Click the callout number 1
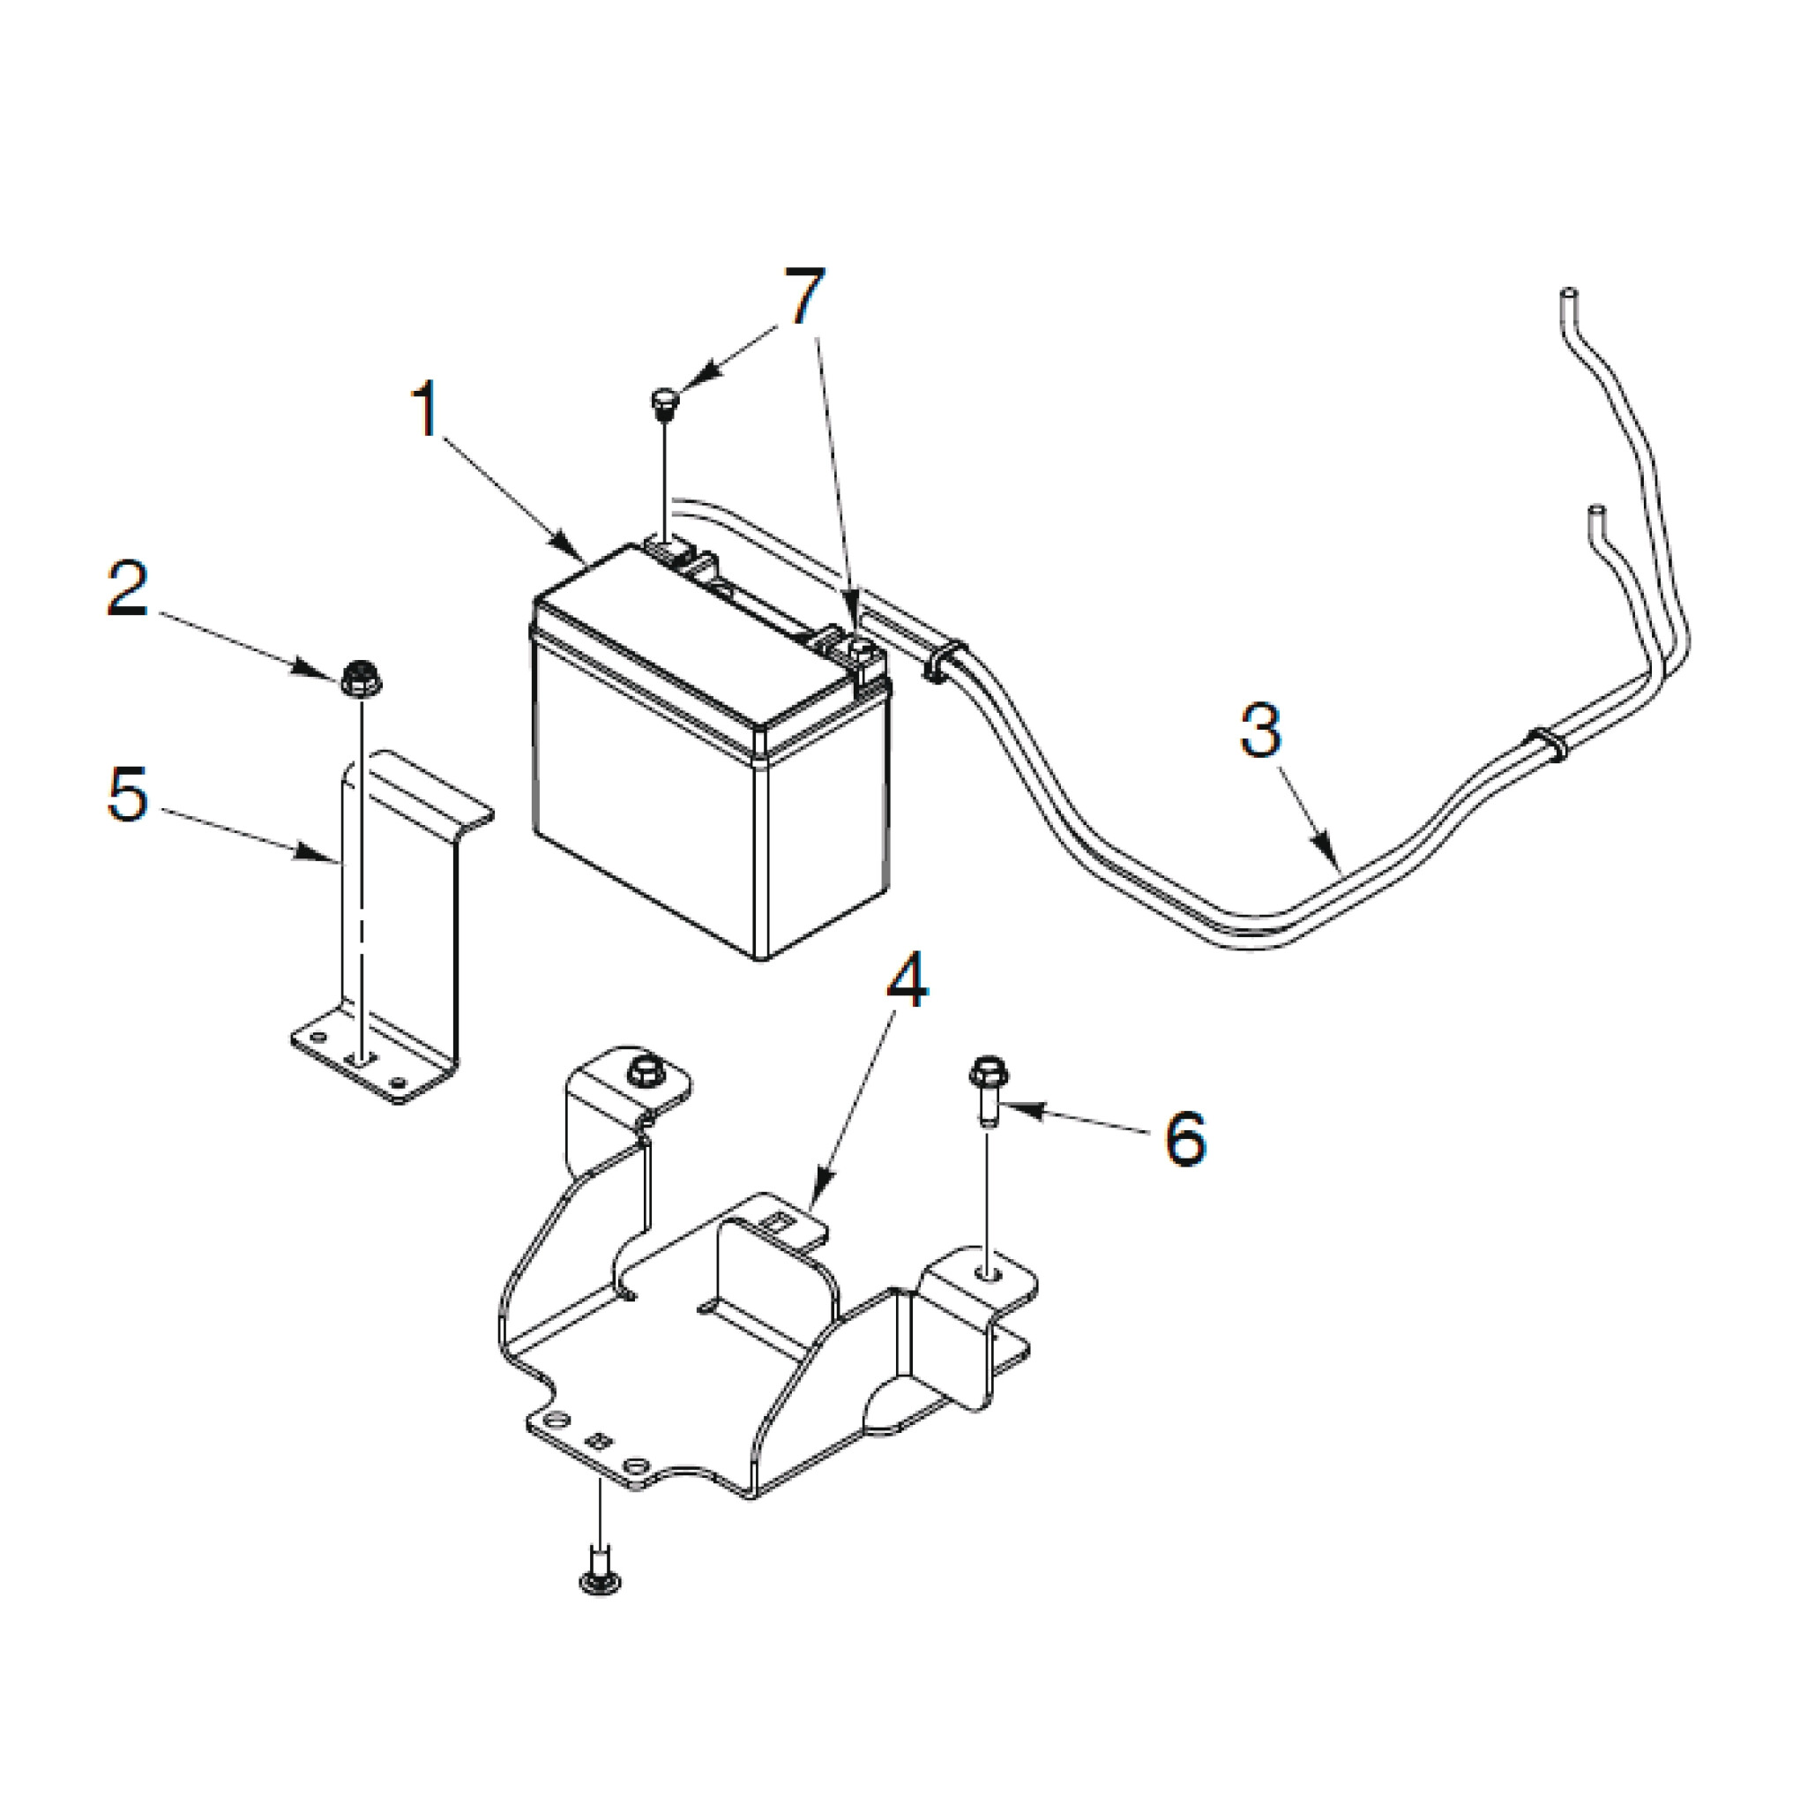pyautogui.click(x=425, y=409)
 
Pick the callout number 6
pyautogui.click(x=1184, y=1138)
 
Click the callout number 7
pyautogui.click(x=804, y=297)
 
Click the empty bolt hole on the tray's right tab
pyautogui.click(x=989, y=1273)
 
